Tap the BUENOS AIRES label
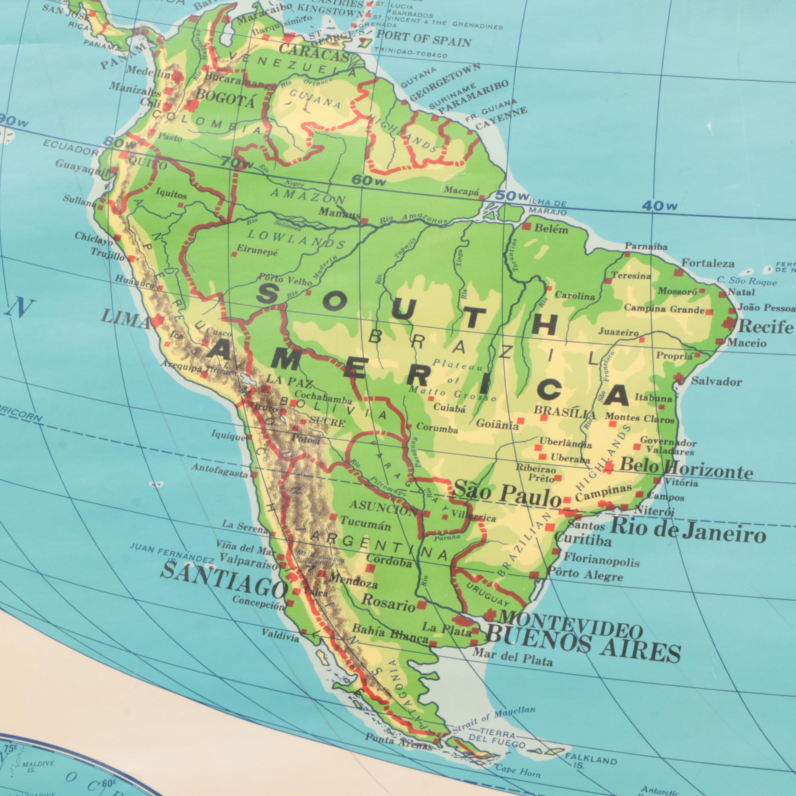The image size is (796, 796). click(x=583, y=643)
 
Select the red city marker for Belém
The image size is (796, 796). click(x=526, y=227)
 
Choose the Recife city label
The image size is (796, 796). click(x=765, y=327)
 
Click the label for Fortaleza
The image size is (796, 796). click(x=708, y=263)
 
